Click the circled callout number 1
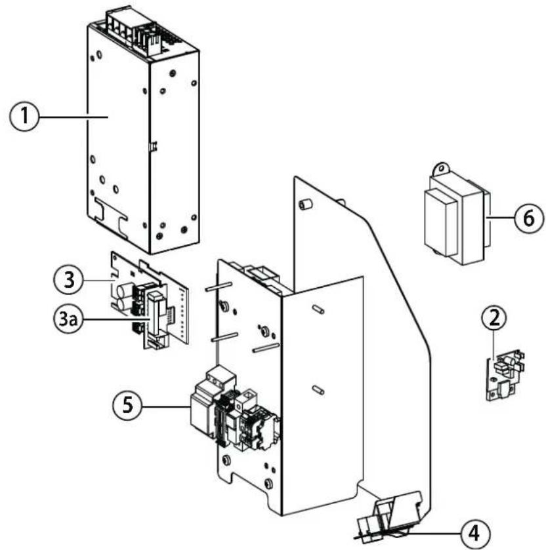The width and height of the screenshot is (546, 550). point(24,116)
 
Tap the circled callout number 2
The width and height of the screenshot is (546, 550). point(494,318)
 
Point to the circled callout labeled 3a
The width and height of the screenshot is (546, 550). point(68,319)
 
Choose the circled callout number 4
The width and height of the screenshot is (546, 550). point(474,533)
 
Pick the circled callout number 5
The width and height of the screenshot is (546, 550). point(128,406)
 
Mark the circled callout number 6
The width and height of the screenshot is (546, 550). point(529,218)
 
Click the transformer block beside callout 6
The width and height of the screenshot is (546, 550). point(456,214)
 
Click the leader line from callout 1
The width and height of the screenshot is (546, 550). point(73,116)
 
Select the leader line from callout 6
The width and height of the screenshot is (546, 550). point(502,218)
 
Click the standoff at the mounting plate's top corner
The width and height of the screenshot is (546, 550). point(305,204)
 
